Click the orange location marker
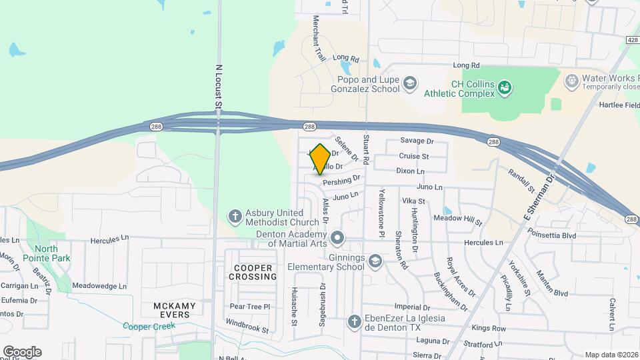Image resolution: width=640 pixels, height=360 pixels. (321, 159)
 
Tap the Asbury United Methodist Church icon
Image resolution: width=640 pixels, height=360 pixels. (235, 216)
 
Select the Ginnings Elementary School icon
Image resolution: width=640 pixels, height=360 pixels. (375, 261)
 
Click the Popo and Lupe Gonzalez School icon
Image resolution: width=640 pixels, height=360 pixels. (410, 83)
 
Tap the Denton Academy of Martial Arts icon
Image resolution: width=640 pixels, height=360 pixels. (338, 237)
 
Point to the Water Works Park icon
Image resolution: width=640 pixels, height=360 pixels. (571, 81)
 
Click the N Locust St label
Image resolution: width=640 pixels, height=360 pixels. (218, 86)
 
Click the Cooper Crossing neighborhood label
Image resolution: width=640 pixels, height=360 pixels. (253, 272)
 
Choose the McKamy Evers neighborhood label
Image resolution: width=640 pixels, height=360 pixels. (175, 311)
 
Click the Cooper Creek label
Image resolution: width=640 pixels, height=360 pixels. (148, 326)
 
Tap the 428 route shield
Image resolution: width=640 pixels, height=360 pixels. (632, 41)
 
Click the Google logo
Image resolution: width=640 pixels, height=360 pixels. (22, 351)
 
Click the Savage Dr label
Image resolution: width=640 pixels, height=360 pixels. (417, 141)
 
